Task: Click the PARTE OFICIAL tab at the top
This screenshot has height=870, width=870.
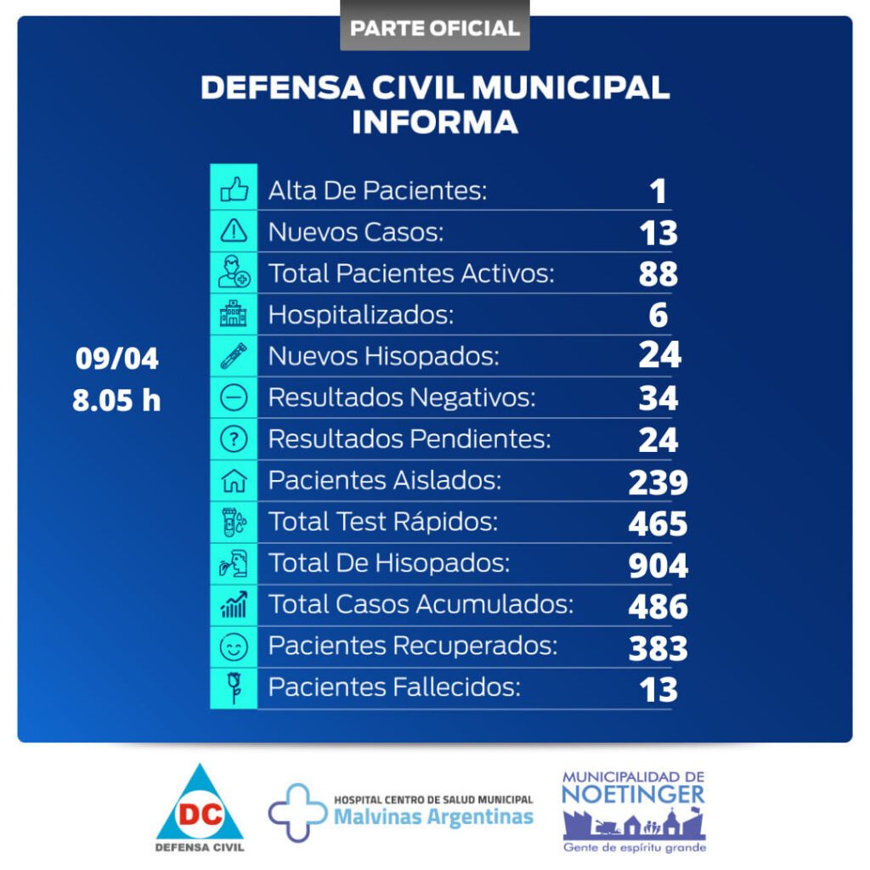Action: [434, 27]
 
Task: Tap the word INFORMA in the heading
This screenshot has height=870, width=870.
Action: [434, 121]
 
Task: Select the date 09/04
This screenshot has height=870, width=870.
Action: [116, 359]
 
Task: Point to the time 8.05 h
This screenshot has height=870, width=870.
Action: [116, 400]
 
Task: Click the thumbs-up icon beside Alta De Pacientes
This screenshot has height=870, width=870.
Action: [234, 189]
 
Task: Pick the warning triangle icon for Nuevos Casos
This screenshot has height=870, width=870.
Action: [234, 231]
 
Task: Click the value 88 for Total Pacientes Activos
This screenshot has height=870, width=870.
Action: [658, 274]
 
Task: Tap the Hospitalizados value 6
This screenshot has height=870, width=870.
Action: [658, 315]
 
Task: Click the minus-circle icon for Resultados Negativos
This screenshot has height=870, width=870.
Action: [234, 398]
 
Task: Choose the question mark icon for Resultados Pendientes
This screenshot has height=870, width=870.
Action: [234, 439]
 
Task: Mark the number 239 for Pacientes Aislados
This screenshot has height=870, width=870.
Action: [658, 482]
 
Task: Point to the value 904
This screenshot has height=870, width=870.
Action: [658, 565]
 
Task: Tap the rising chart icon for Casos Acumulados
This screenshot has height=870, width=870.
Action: [234, 605]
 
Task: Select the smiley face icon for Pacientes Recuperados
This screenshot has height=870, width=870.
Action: [234, 647]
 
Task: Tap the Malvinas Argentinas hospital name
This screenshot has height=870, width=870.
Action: [433, 817]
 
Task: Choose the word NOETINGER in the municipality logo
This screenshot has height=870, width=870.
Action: [633, 794]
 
